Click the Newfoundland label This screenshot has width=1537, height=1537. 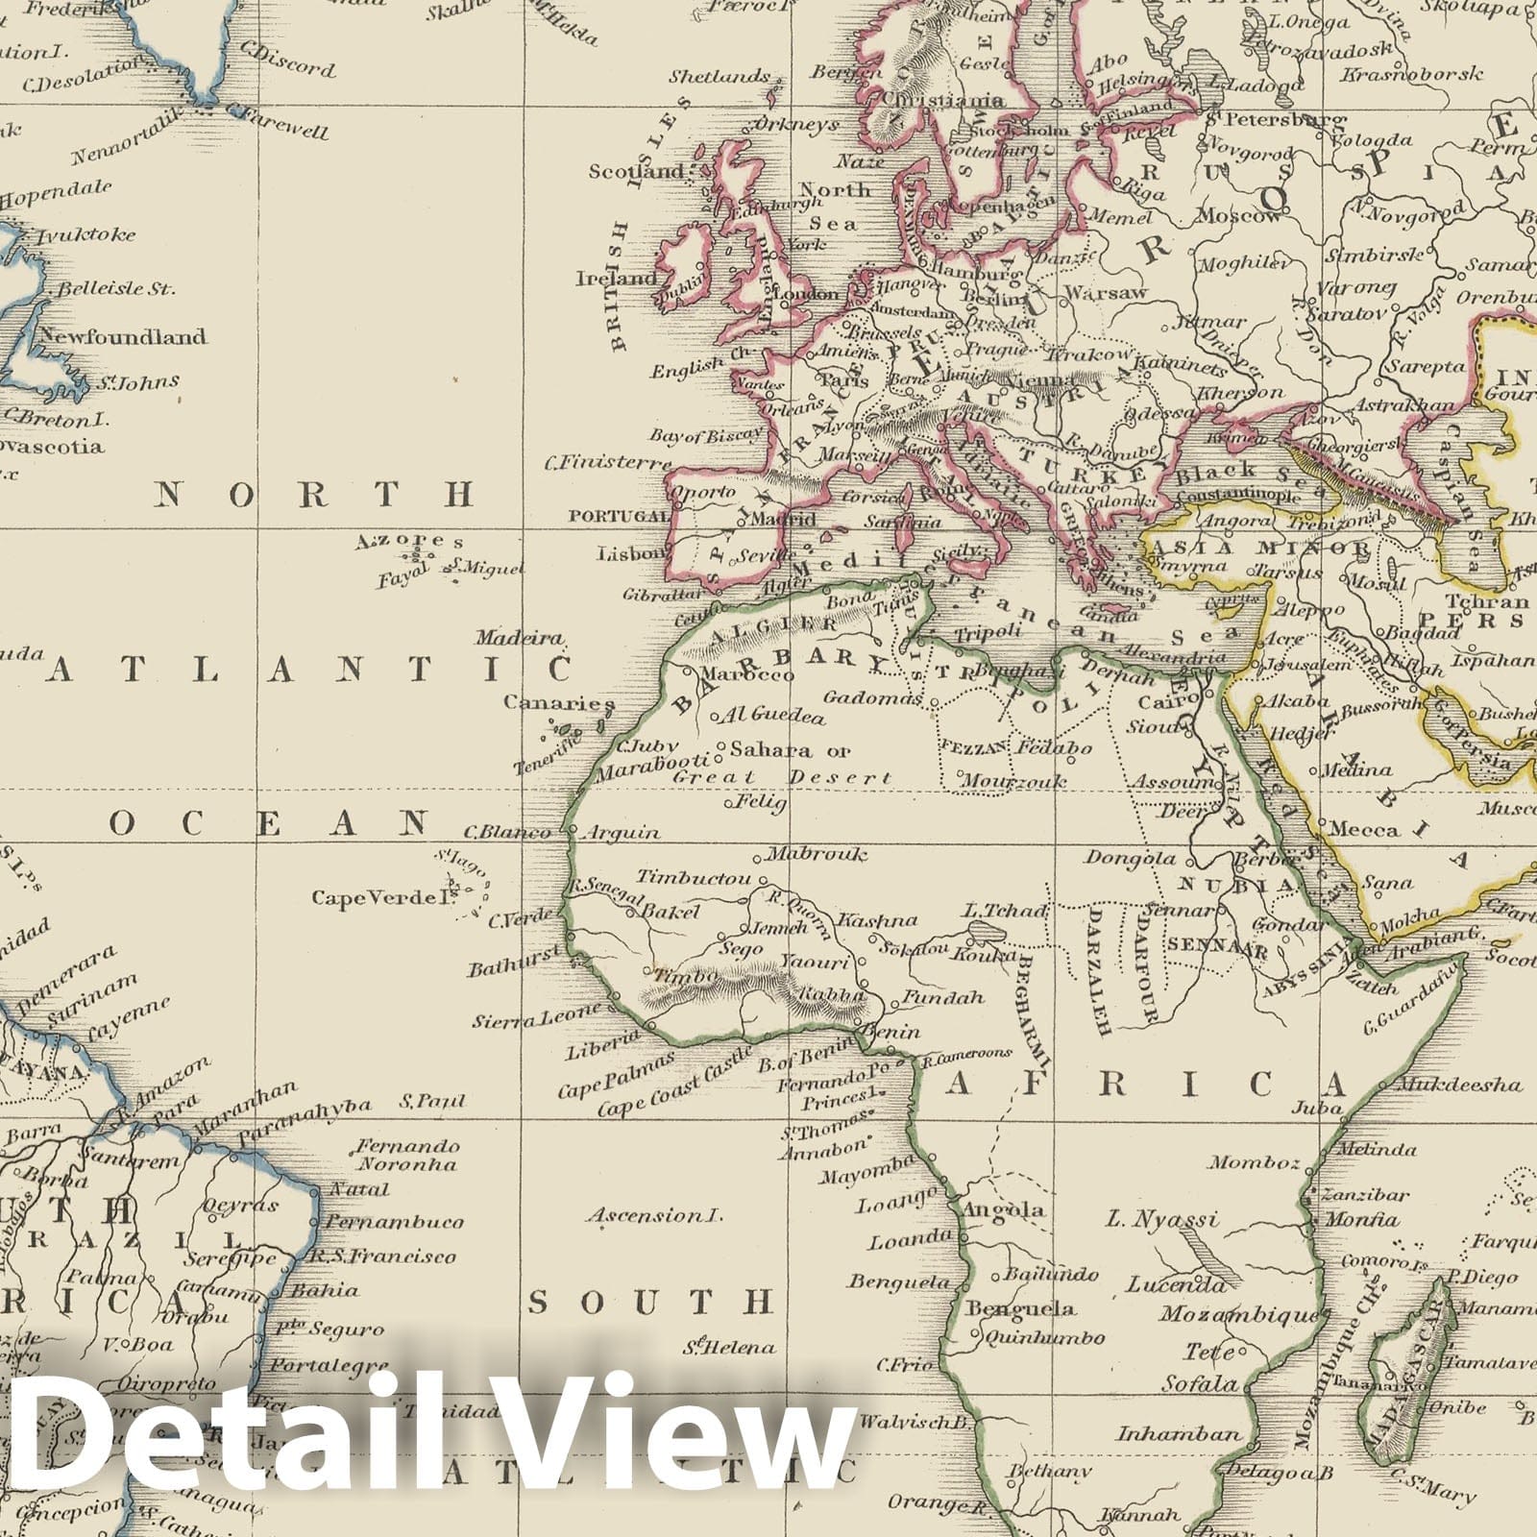click(121, 336)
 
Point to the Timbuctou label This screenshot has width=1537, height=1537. click(694, 878)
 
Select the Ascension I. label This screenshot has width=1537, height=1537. click(654, 1215)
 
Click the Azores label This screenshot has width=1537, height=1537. click(409, 541)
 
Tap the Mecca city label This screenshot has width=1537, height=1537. click(1365, 830)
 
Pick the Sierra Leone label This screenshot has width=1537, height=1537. click(538, 1017)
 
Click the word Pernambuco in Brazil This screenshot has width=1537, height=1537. click(394, 1222)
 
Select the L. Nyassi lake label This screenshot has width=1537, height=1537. click(1162, 1219)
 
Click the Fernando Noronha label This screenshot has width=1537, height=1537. click(407, 1155)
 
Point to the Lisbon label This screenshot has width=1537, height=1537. click(630, 553)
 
